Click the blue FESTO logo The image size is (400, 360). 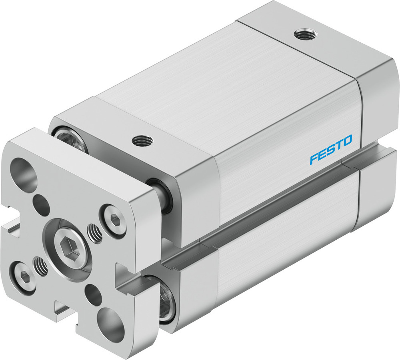pos(331,149)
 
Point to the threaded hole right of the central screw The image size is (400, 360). pos(94,234)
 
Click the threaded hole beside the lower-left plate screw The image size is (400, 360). pos(41,266)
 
